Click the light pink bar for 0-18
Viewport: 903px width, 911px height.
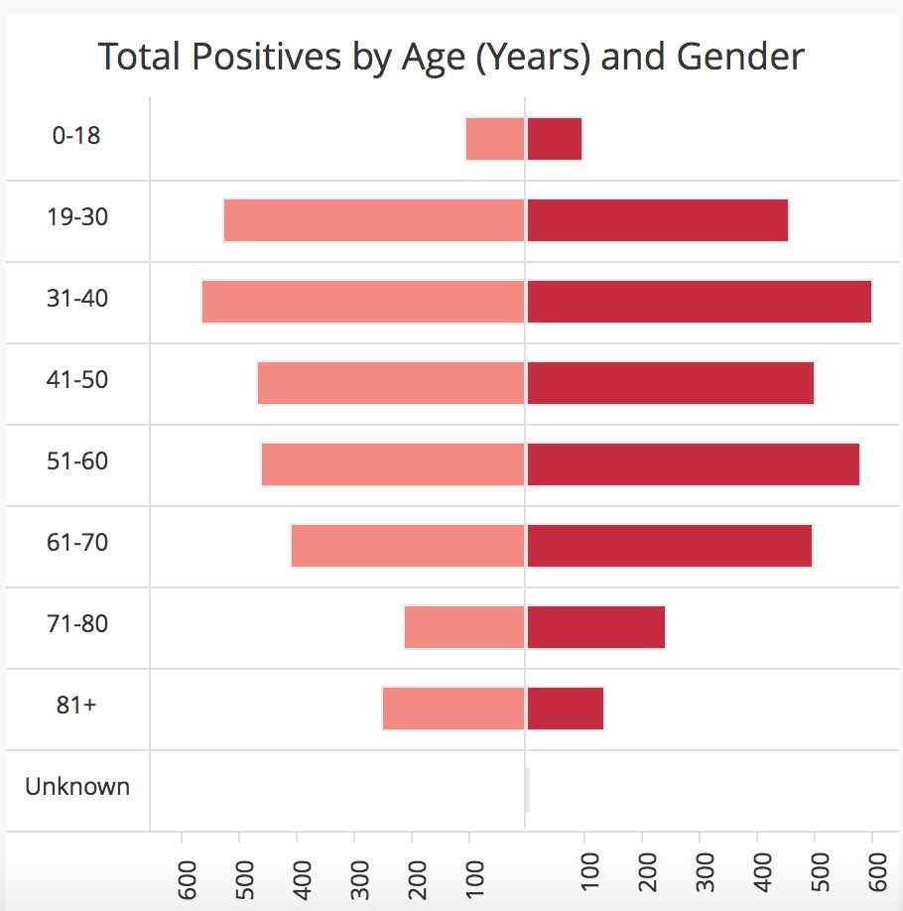tap(495, 139)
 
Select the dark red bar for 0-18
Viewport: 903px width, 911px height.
tap(555, 139)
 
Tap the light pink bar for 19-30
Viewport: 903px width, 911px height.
tap(374, 220)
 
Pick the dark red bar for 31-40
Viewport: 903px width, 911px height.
tap(699, 302)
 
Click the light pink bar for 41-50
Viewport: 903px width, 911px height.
tap(391, 383)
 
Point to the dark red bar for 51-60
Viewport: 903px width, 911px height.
tap(694, 464)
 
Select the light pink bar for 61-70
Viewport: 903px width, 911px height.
tap(408, 546)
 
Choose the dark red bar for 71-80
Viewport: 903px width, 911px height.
tap(596, 627)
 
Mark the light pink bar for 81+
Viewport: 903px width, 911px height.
tap(453, 709)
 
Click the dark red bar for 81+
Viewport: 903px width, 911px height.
tap(566, 709)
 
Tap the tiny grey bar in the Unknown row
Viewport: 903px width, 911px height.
tap(528, 790)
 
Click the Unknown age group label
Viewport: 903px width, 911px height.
tap(77, 787)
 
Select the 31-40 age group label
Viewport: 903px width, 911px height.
tap(77, 298)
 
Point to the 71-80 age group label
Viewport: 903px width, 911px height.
tap(77, 623)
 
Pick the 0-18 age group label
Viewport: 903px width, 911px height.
tap(76, 135)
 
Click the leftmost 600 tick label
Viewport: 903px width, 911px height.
tap(188, 879)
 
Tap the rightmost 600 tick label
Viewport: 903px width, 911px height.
tap(877, 872)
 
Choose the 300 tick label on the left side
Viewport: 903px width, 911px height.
tap(359, 879)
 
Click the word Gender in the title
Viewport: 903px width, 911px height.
tap(740, 57)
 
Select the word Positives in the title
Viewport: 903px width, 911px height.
tap(267, 57)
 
